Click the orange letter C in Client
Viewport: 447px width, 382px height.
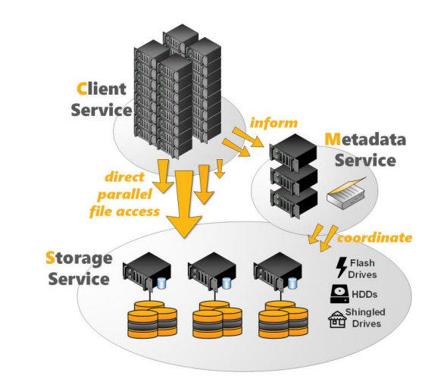pos(82,89)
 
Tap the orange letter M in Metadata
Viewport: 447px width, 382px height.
pos(333,139)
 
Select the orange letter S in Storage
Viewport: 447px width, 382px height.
pos(50,258)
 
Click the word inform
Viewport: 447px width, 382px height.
pos(274,123)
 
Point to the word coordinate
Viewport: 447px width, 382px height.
pos(374,238)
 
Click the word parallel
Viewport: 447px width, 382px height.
pos(124,195)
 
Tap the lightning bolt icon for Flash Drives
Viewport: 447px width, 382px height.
pos(341,268)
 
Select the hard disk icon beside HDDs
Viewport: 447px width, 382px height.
pos(339,294)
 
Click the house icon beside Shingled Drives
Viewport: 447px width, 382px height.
pos(337,319)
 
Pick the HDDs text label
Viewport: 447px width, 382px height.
pos(364,294)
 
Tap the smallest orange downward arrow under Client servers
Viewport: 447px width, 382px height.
pos(220,169)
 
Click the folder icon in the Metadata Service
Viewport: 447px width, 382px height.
pos(347,193)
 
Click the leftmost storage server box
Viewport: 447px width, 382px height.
pos(146,271)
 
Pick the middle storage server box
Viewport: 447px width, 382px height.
pos(212,271)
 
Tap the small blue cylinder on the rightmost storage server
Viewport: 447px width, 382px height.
pos(292,283)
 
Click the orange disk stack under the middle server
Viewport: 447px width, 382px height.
pos(217,319)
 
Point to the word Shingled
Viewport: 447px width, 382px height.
pos(365,312)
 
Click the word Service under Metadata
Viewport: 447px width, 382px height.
pos(365,161)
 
